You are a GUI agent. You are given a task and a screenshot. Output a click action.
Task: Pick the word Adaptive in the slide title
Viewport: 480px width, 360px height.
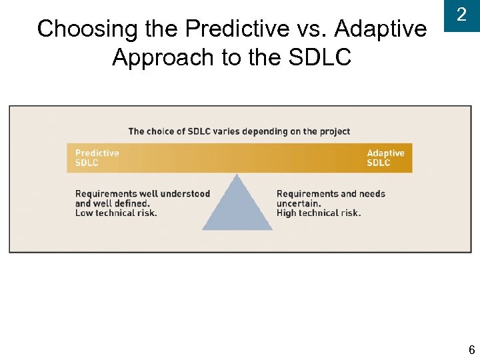[x=381, y=29]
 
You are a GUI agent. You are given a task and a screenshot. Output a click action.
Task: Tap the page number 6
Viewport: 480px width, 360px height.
[x=471, y=350]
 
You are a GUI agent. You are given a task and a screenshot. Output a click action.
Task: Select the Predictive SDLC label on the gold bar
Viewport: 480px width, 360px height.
[x=97, y=158]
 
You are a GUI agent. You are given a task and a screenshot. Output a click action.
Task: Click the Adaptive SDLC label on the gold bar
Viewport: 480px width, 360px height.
[x=385, y=158]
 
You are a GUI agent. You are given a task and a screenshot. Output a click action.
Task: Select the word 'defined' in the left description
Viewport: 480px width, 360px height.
[x=131, y=203]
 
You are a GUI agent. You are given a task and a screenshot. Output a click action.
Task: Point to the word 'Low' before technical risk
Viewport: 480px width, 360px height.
[x=84, y=213]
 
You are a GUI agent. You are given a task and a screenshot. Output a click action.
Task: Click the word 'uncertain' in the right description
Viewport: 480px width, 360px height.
[x=299, y=203]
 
